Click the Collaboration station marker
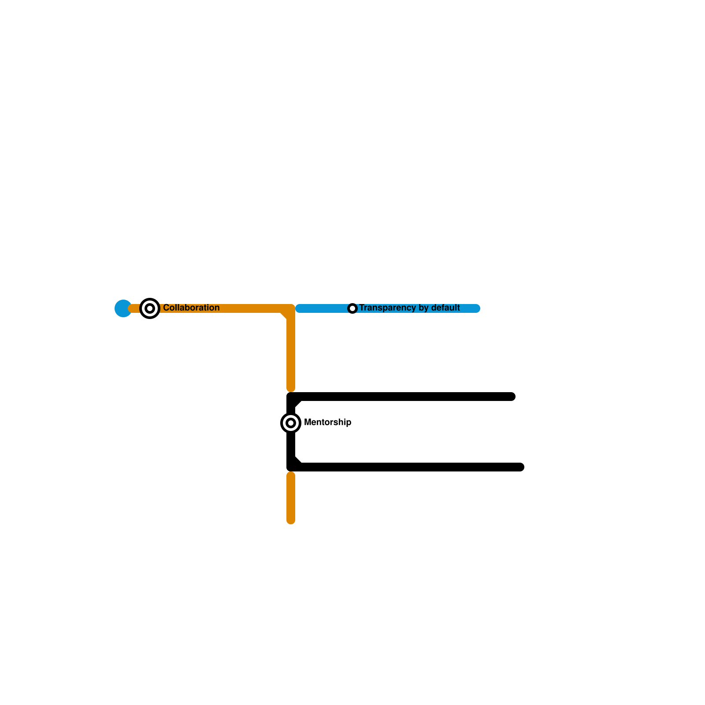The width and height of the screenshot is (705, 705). tap(150, 308)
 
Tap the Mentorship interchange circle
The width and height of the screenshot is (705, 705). tap(291, 423)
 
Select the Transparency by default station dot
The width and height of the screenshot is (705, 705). tap(352, 308)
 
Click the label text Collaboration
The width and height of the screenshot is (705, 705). tap(191, 308)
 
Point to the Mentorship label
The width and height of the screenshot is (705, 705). tap(327, 422)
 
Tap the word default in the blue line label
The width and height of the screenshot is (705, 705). tap(445, 308)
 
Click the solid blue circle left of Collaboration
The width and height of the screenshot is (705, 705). tap(123, 308)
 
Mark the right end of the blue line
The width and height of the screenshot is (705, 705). tap(476, 308)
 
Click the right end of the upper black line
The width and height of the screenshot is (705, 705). tap(512, 397)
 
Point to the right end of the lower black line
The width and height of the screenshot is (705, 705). tap(520, 467)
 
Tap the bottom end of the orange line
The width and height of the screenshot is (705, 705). tap(291, 520)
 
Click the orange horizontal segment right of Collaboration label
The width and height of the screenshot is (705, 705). tap(251, 308)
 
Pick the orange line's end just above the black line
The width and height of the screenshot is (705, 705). tap(291, 388)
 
